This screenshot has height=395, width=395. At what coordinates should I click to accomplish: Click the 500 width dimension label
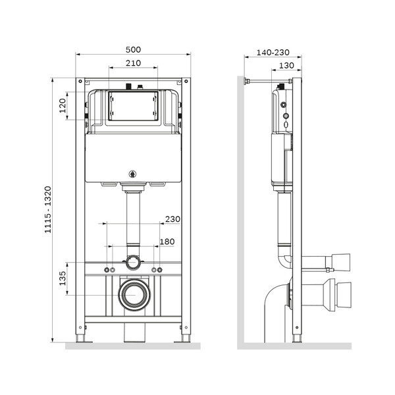click(134, 50)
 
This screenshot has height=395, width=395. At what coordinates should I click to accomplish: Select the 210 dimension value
click(134, 63)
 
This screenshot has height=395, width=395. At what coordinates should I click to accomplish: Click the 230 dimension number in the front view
click(172, 219)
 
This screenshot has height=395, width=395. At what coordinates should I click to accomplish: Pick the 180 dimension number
click(167, 242)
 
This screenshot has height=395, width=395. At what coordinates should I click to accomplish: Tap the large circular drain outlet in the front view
click(134, 294)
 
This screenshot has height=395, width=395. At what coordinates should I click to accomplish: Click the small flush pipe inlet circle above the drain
click(134, 262)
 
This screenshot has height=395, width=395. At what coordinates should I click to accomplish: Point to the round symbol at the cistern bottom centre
click(134, 174)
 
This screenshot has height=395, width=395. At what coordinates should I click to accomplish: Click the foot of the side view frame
click(296, 338)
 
